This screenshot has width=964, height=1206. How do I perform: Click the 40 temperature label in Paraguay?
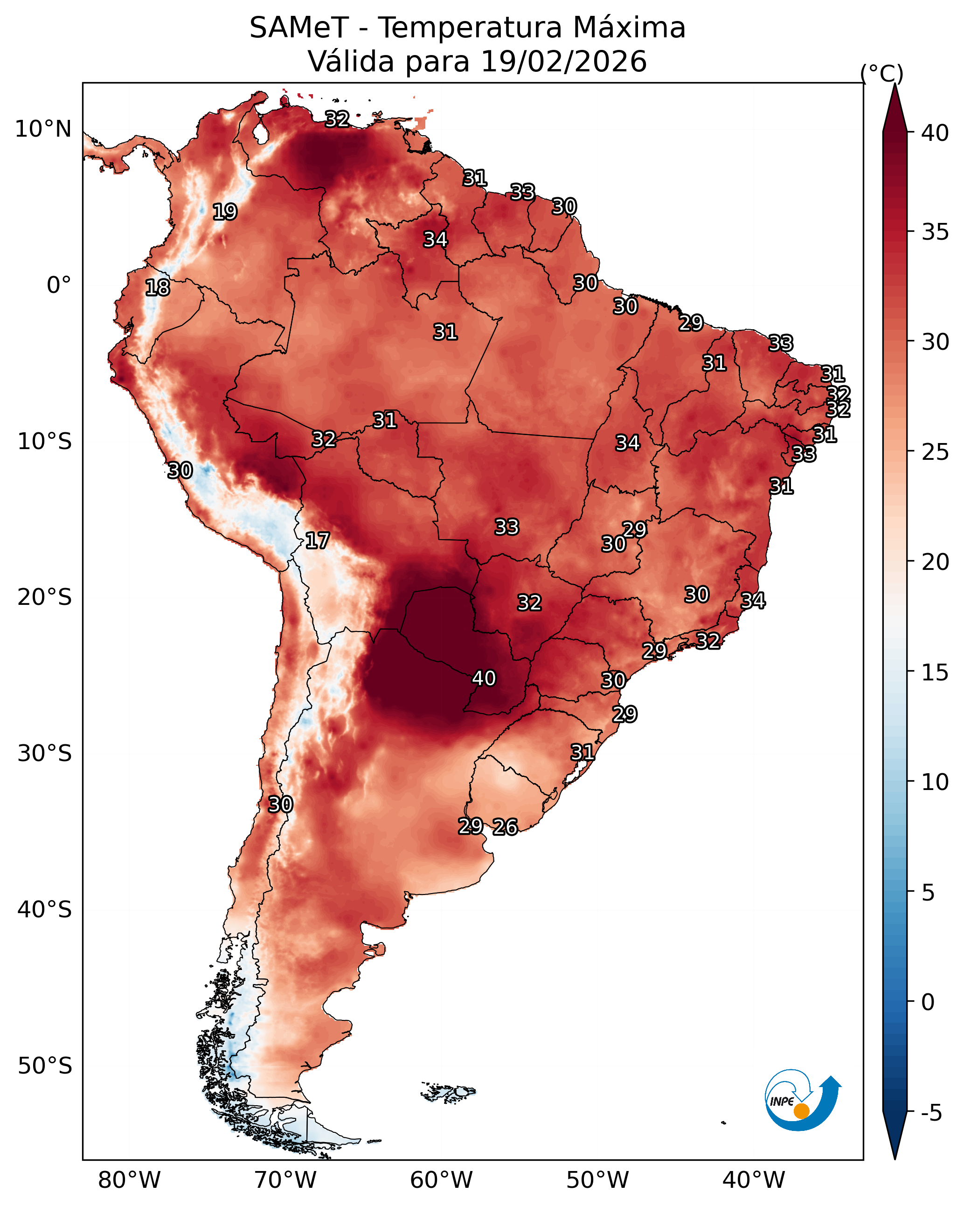[x=484, y=678]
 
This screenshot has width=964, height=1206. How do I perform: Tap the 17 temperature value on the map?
[x=317, y=541]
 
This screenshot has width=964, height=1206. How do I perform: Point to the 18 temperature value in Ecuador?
[x=157, y=288]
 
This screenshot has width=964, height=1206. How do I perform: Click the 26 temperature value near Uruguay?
[x=505, y=827]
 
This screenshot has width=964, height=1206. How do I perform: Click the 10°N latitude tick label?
[x=43, y=129]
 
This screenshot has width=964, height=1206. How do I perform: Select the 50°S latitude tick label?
[x=45, y=1066]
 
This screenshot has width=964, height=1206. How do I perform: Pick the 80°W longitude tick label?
[x=129, y=1180]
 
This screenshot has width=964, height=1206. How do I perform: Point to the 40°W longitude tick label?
[x=754, y=1180]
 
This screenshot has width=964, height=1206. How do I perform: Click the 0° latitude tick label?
[x=59, y=285]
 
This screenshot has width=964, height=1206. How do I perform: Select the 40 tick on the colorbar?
[x=936, y=133]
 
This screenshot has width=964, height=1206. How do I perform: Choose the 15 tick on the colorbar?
[x=936, y=672]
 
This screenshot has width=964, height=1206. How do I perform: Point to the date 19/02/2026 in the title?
[x=563, y=62]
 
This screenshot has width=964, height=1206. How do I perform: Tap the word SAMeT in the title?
[x=299, y=28]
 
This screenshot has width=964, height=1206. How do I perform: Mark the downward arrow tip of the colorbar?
[x=895, y=1159]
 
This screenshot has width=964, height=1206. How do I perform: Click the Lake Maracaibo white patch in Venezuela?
[x=260, y=132]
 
